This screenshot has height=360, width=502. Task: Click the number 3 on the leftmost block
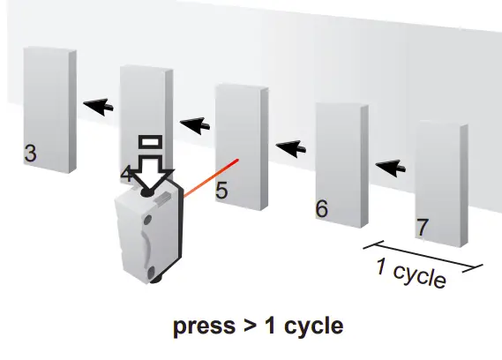click(30, 154)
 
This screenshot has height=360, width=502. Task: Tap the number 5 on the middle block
click(221, 191)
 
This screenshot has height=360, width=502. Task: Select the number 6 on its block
click(322, 208)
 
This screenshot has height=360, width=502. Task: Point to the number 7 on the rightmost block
click(423, 227)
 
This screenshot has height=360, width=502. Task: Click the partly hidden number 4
click(126, 175)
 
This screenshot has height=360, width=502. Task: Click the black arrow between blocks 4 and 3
click(98, 107)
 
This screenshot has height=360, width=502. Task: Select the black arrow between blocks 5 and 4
click(195, 126)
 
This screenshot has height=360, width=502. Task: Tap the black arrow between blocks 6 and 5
click(291, 149)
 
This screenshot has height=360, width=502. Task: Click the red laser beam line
click(212, 177)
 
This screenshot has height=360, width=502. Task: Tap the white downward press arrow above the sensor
click(152, 173)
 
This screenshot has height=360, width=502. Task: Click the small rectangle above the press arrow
click(151, 142)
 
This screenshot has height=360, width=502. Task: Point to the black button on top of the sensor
click(147, 193)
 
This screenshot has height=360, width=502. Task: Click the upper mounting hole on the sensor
click(147, 220)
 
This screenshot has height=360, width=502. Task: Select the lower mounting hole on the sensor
click(150, 272)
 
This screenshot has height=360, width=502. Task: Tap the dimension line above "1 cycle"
click(423, 256)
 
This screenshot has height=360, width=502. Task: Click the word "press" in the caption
click(205, 326)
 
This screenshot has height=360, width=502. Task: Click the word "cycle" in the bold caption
click(314, 326)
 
